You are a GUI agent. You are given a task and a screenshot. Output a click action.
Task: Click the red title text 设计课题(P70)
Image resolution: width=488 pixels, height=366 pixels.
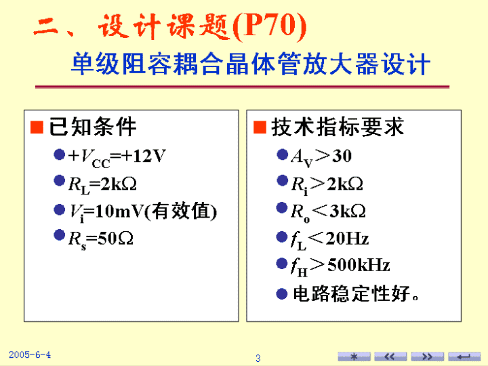tap(203, 26)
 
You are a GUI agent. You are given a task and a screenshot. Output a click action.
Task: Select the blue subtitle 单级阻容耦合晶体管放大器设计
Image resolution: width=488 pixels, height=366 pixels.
tap(251, 64)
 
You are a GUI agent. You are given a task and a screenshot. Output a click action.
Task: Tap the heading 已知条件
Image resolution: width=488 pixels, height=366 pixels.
tap(93, 127)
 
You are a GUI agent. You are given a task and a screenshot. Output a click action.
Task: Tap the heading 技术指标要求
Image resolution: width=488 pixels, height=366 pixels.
tap(338, 127)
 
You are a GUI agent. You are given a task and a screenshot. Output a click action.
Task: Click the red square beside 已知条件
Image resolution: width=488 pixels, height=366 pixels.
tap(37, 127)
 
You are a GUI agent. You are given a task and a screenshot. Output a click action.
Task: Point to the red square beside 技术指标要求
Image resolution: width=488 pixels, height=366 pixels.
tap(260, 127)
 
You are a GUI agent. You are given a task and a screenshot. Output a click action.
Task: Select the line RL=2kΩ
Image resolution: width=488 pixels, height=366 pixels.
tap(102, 184)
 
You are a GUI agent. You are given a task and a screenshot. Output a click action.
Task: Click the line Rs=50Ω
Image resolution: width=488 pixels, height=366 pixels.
tap(101, 239)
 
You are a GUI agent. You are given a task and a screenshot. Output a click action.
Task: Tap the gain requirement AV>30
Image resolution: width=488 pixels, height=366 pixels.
tap(321, 157)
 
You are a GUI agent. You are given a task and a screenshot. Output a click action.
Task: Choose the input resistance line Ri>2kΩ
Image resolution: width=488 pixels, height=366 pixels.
tap(327, 184)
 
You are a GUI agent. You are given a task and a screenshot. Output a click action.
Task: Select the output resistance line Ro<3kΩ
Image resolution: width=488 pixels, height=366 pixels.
tap(328, 212)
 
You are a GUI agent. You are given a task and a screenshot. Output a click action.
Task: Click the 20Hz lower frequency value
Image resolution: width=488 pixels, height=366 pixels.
tap(347, 239)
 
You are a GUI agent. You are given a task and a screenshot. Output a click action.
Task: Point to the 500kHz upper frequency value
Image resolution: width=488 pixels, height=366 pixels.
tap(359, 266)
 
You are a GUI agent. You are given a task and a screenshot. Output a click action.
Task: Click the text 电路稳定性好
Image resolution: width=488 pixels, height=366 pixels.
tap(352, 293)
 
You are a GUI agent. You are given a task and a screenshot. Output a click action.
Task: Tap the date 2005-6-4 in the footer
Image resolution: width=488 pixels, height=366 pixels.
tap(30, 354)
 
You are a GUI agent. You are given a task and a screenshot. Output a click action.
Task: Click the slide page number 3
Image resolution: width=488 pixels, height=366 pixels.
tap(258, 359)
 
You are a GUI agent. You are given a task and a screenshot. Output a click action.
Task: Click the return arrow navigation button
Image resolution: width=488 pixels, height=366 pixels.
tap(464, 357)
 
